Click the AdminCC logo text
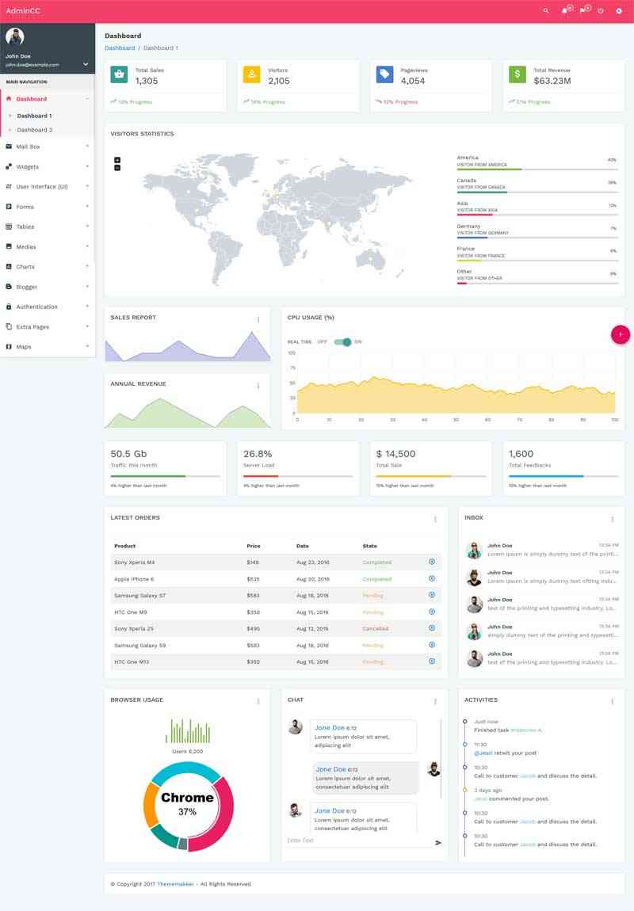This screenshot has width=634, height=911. coord(23,10)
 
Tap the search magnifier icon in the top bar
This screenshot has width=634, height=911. coord(545,11)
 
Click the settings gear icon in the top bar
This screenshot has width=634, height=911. coord(619,11)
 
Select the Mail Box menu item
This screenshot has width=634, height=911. coord(28,147)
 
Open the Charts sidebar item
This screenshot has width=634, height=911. coord(25,267)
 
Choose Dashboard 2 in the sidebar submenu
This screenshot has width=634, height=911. coord(35,130)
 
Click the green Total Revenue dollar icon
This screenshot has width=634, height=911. coord(518,74)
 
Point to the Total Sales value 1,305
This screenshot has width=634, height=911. coord(147,81)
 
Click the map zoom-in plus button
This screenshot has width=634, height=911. coord(117,160)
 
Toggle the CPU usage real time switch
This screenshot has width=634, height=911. coord(342,341)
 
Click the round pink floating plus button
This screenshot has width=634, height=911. coord(621,334)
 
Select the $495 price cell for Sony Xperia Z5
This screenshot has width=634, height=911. coord(253,628)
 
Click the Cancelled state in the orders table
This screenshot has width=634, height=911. coord(375,628)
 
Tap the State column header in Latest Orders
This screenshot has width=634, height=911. coord(369,546)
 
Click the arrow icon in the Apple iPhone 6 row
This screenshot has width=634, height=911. coord(432,578)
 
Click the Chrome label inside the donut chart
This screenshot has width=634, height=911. coord(187,798)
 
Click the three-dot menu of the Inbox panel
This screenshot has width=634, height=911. coord(612,520)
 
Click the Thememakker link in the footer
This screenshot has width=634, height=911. coord(172,884)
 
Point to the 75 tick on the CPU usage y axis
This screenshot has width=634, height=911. coord(292,368)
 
